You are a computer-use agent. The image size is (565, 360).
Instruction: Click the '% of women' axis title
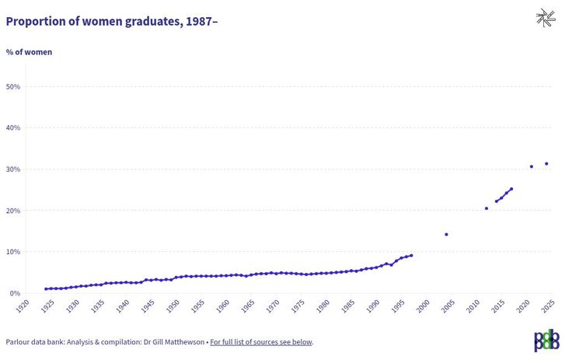click(29, 52)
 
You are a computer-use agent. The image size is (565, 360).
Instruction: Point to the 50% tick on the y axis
click(12, 86)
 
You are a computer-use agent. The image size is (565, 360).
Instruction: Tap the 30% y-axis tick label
click(12, 170)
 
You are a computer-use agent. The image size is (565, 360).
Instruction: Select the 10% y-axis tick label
click(12, 252)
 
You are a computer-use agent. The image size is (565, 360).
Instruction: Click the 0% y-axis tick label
click(15, 294)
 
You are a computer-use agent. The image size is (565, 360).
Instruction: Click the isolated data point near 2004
click(446, 234)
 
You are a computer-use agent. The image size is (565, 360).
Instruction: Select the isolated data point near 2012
click(487, 208)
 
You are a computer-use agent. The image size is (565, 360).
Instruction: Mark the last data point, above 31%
click(546, 163)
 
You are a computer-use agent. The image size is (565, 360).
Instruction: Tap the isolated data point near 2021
click(532, 166)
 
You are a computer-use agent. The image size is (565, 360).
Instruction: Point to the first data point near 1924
click(46, 288)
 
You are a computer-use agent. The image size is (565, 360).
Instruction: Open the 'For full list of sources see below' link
click(261, 341)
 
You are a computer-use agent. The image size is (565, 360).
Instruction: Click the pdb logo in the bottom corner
click(546, 340)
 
